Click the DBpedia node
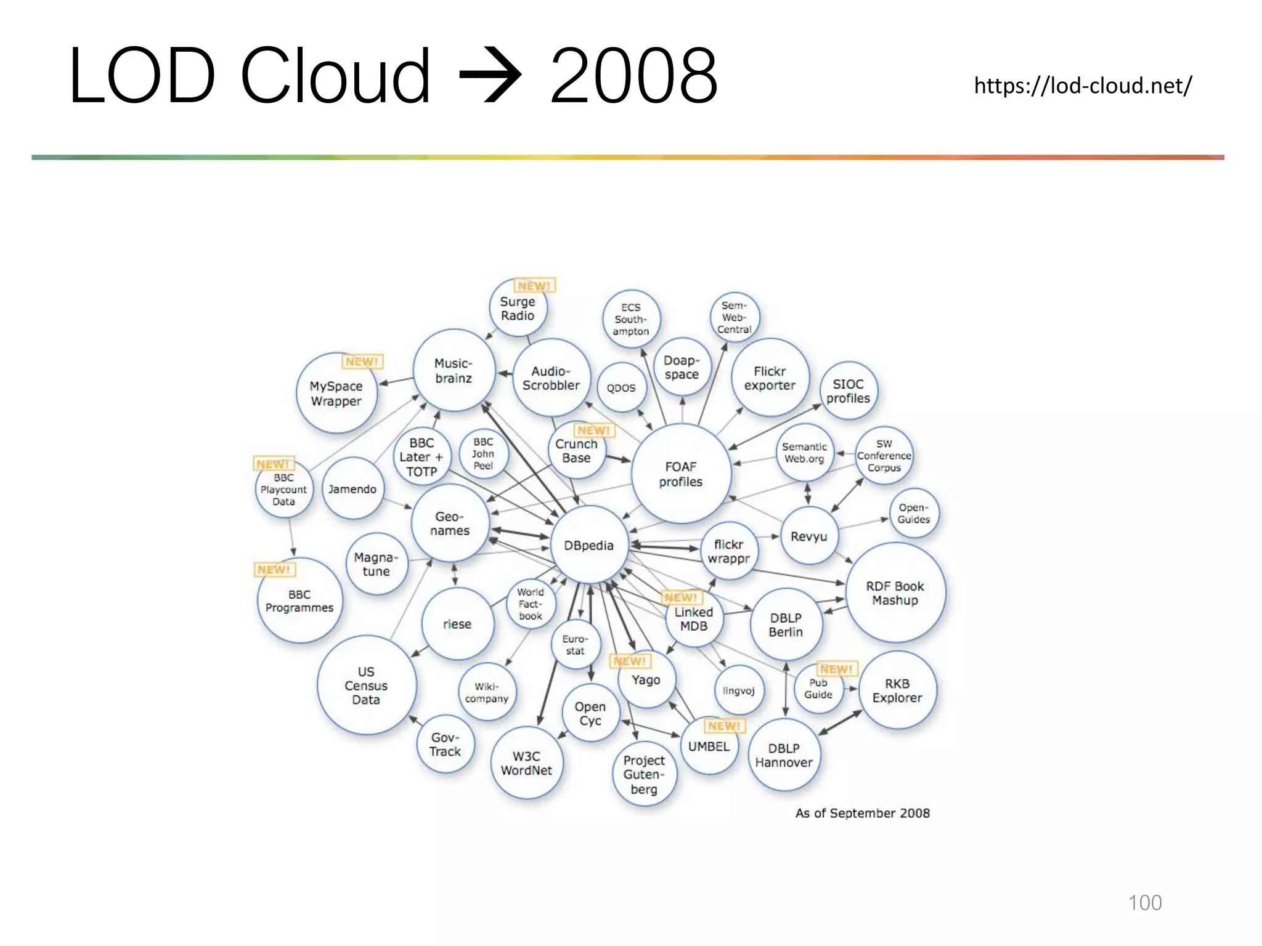pyautogui.click(x=588, y=545)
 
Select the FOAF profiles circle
pyautogui.click(x=681, y=474)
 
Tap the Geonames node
pyautogui.click(x=450, y=524)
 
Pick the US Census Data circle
pyautogui.click(x=366, y=685)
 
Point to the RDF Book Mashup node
pyautogui.click(x=895, y=593)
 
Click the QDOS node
pyautogui.click(x=621, y=388)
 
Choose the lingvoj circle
pyautogui.click(x=738, y=691)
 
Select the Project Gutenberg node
pyautogui.click(x=644, y=774)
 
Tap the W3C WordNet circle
pyautogui.click(x=526, y=763)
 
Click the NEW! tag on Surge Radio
pyautogui.click(x=534, y=286)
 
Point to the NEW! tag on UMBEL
pyautogui.click(x=724, y=726)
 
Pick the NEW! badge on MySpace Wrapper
pyautogui.click(x=362, y=362)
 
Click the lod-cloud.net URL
pyautogui.click(x=1083, y=86)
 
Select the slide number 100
pyautogui.click(x=1144, y=902)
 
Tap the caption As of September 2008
pyautogui.click(x=862, y=813)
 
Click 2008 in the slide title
pyautogui.click(x=633, y=76)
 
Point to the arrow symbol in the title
pyautogui.click(x=491, y=76)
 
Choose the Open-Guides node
pyautogui.click(x=913, y=513)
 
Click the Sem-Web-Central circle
pyautogui.click(x=734, y=317)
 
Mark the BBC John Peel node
pyautogui.click(x=483, y=454)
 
